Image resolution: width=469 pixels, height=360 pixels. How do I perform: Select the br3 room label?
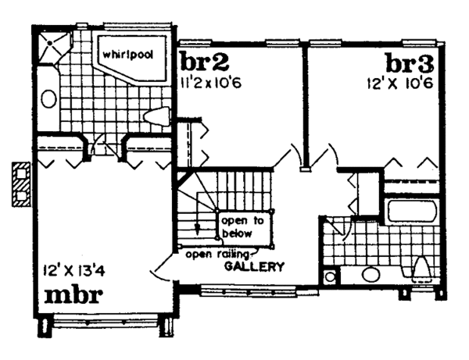click(406, 62)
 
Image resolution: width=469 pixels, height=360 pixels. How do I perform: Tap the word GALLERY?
click(253, 266)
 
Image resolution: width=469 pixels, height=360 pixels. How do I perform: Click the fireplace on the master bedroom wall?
click(20, 184)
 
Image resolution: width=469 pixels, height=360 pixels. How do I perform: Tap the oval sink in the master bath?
click(48, 99)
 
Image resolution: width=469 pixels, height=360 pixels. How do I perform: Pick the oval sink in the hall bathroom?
click(371, 275)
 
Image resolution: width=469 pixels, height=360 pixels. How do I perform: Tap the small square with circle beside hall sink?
click(330, 276)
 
